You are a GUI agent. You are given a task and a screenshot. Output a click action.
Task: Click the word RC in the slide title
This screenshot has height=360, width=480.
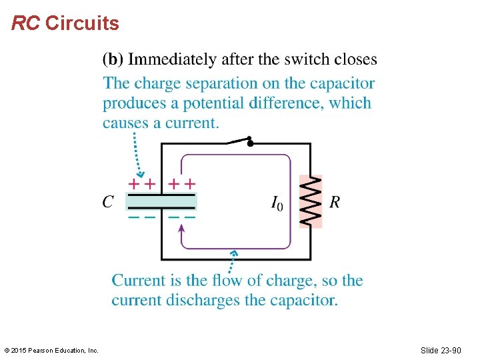pos(26,24)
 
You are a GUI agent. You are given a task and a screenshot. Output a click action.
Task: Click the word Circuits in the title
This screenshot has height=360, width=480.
pos(82,24)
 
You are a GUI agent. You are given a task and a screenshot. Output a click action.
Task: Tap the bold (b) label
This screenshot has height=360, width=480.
pos(113,59)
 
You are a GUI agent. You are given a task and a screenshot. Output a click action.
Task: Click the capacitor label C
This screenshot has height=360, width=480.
pos(108,201)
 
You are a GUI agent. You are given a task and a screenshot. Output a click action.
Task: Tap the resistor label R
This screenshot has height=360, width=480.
pos(335,202)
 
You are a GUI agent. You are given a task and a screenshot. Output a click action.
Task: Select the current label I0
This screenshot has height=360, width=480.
pos(277,203)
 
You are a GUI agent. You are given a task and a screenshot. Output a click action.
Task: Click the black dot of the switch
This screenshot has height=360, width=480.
pos(249,141)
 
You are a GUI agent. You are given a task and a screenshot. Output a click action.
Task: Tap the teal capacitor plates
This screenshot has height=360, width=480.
pos(161,201)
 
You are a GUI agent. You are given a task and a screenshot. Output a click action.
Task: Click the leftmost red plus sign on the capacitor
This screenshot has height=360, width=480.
pos(135,183)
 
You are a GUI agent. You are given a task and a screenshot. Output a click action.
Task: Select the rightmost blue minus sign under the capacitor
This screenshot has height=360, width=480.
pos(191,217)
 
